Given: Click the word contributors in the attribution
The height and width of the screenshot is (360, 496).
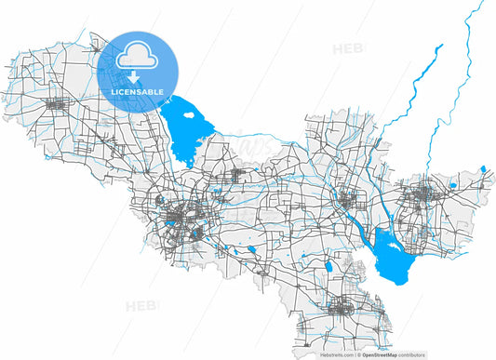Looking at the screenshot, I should click(471, 354).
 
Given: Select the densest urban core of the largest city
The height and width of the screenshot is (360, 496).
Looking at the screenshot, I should click(177, 220).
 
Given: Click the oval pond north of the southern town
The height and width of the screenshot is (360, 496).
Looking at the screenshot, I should click(328, 269).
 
